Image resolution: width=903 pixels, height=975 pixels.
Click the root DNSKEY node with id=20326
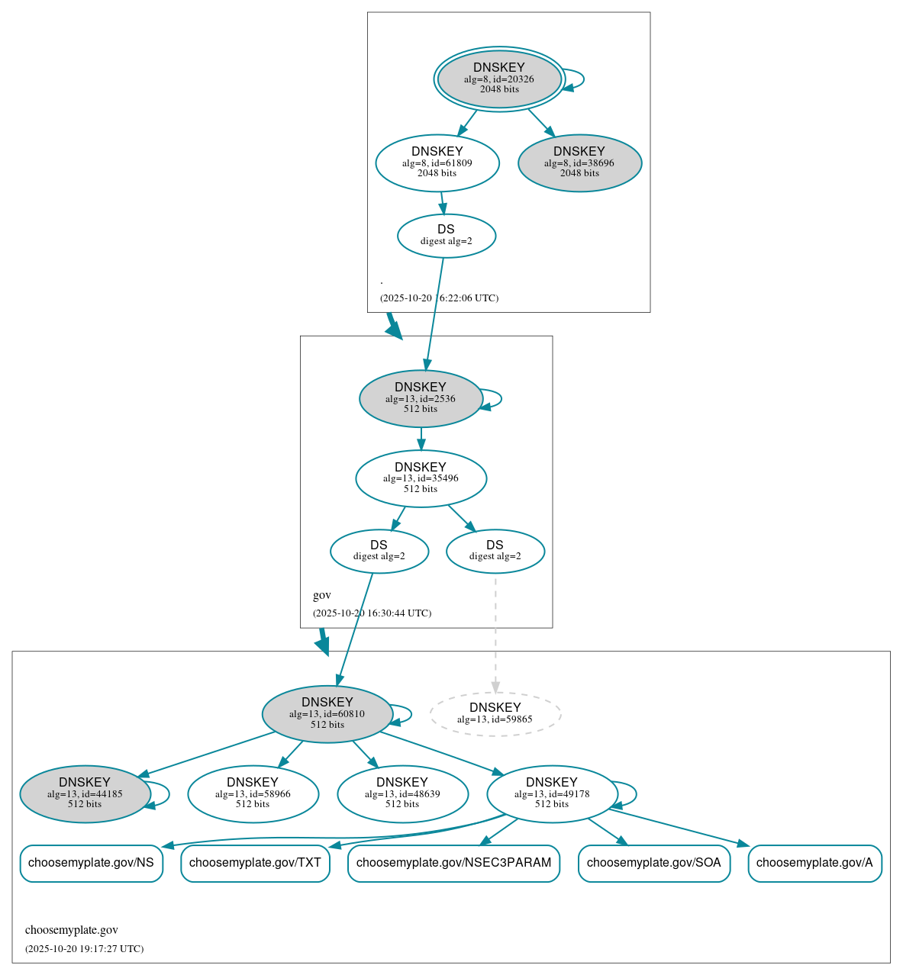(499, 79)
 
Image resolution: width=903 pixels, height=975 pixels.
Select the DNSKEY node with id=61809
(437, 162)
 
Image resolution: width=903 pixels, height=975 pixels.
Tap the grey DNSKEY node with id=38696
(579, 162)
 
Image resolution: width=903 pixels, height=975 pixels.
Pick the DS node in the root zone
(447, 236)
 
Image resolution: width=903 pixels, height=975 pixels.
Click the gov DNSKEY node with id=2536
(421, 398)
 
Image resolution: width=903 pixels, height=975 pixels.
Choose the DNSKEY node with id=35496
(421, 478)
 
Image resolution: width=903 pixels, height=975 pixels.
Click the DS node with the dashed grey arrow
(495, 551)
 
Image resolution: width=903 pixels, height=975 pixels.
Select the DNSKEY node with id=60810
(327, 714)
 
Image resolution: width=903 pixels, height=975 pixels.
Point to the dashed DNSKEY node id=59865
(495, 714)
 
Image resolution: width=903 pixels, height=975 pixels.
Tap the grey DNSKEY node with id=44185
(85, 794)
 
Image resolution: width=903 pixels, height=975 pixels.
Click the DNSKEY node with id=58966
(253, 794)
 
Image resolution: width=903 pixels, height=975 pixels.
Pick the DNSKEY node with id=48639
(402, 794)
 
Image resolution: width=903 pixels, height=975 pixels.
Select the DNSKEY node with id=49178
(552, 794)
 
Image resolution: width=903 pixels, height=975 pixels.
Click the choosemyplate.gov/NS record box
(91, 863)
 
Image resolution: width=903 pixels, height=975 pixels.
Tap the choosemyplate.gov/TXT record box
(255, 863)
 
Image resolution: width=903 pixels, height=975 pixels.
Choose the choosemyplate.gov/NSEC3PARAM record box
(453, 863)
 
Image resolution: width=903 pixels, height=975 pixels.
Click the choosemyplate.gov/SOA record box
(654, 863)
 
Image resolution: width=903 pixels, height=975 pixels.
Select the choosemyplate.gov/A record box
(814, 863)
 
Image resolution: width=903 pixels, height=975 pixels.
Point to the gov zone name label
(322, 595)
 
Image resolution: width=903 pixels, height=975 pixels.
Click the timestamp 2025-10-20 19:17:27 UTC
(84, 949)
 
